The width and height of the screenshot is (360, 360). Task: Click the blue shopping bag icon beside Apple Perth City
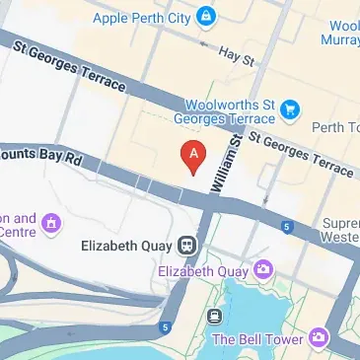pos(205,17)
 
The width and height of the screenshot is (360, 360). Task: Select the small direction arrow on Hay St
pos(204,42)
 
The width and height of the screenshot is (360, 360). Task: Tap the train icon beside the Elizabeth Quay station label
pos(187,244)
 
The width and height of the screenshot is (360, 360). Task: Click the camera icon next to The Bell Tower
pos(318,338)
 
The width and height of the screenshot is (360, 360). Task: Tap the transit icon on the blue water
pos(214,317)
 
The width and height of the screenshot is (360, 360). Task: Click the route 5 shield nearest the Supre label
pos(286,227)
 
